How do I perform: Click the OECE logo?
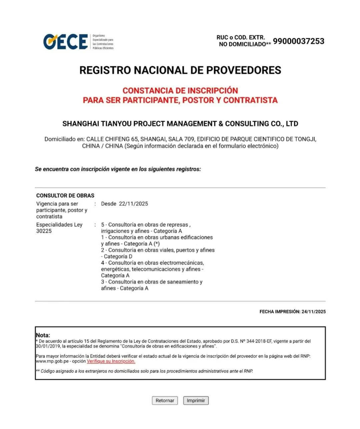66,42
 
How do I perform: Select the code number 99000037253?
298,41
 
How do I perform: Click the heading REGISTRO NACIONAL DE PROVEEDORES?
180,70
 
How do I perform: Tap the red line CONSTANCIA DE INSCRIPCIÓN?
180,91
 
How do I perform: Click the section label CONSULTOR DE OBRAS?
65,196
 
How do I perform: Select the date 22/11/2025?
133,204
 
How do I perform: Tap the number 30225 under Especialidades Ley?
44,231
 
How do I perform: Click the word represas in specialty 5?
178,225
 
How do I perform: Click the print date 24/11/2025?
313,312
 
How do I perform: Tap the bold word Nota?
43,335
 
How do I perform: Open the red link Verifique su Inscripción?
111,361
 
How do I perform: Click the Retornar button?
165,400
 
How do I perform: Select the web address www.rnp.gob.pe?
52,361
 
